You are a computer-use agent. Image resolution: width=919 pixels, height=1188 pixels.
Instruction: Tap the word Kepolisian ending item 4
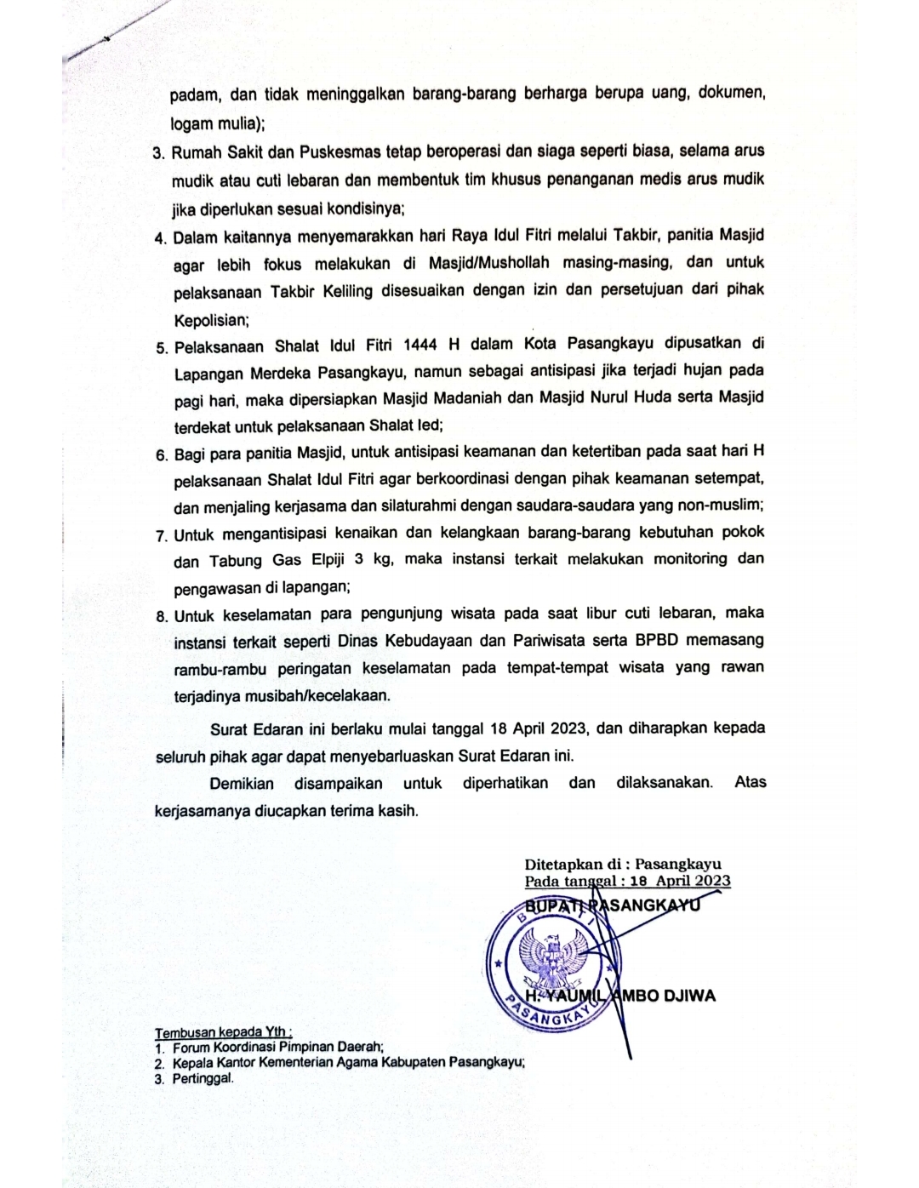(x=210, y=321)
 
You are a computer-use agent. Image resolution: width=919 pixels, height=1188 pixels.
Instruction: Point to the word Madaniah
(x=523, y=397)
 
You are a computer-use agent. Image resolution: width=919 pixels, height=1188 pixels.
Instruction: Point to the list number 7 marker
(x=161, y=535)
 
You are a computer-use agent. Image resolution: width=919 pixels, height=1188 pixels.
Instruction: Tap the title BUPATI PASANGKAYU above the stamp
(x=613, y=905)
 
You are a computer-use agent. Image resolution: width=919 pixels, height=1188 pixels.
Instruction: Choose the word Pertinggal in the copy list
(x=203, y=1078)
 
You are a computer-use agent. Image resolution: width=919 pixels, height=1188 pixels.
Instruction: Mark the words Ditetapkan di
(x=574, y=864)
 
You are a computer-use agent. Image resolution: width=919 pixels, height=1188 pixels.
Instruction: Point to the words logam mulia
(x=215, y=124)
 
